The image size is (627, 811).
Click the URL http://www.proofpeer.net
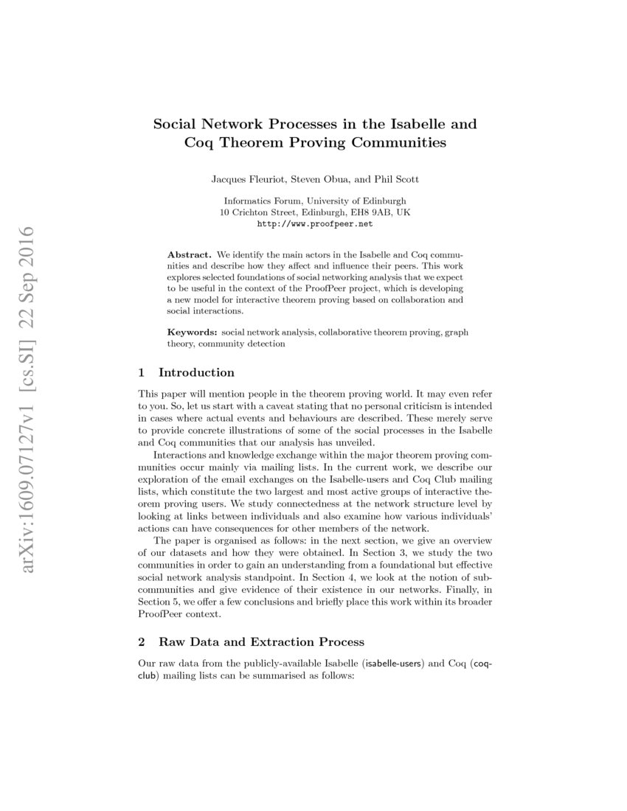(314, 223)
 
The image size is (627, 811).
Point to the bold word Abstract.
(190, 253)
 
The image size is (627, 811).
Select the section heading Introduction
(196, 372)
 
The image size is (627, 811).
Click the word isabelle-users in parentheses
(392, 664)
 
